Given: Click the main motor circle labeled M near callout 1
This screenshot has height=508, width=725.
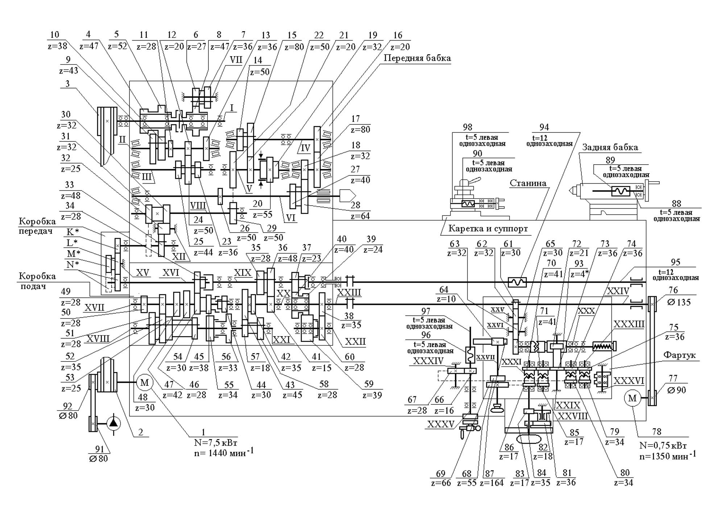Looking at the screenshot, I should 145,383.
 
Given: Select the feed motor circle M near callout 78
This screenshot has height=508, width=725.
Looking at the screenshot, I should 632,398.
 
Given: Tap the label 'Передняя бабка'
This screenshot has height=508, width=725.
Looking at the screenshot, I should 417,58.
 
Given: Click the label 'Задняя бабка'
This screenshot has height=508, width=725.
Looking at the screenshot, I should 610,147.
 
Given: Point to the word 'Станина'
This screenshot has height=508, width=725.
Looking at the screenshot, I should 528,183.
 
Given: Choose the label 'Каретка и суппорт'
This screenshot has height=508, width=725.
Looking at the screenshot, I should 488,229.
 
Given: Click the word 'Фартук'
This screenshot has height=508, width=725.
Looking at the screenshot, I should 679,355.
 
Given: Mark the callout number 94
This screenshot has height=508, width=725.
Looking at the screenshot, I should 544,127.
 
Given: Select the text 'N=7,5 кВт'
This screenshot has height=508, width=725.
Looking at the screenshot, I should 216,443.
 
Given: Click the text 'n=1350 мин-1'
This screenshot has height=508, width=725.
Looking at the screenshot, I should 667,455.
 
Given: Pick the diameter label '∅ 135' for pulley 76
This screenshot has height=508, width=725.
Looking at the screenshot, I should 679,302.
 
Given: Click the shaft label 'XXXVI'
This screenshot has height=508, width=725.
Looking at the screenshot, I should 629,381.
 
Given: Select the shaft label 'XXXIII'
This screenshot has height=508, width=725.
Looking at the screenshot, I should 629,324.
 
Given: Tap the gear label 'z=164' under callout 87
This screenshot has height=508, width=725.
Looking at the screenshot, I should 492,483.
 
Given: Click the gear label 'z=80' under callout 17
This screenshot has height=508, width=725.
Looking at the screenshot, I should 361,129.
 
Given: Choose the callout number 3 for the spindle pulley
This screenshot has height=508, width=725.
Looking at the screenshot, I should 67,84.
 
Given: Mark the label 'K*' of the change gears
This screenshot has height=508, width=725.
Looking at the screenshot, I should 73,232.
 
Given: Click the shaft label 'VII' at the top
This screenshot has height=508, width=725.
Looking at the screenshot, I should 236,60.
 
